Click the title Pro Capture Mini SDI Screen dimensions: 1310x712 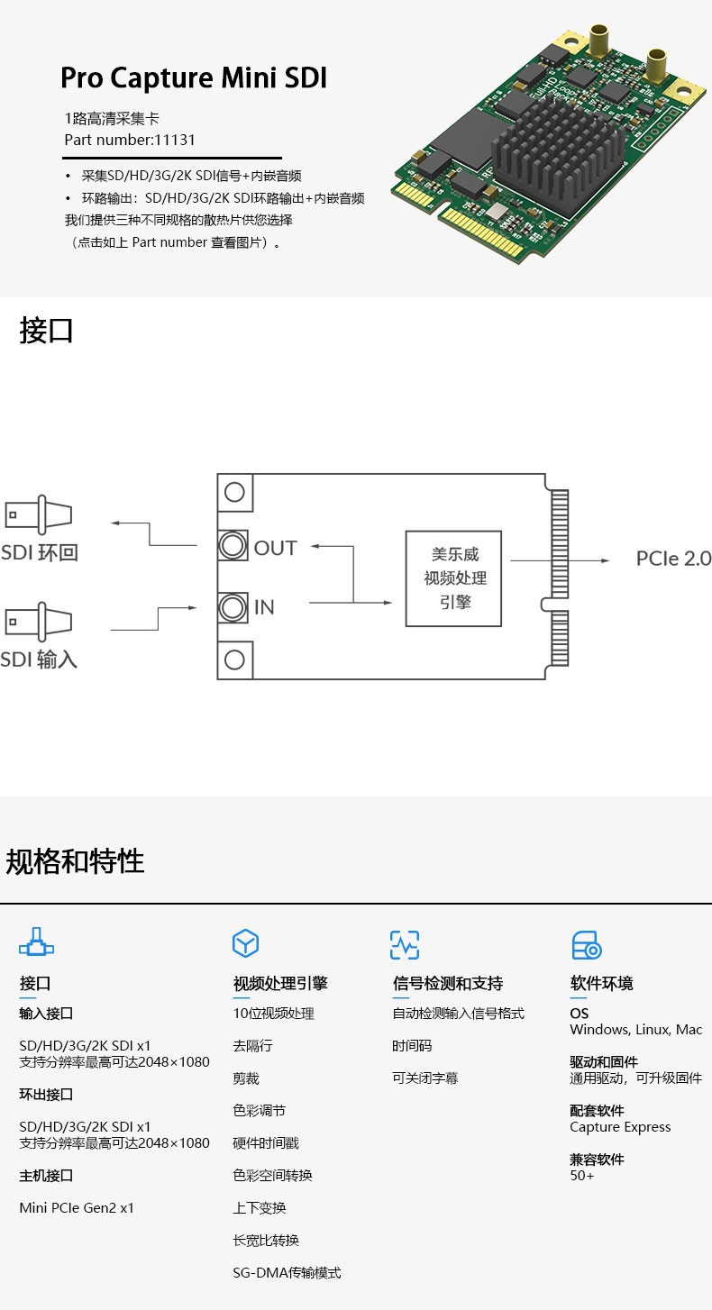193,78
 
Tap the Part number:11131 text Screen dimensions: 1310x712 130,140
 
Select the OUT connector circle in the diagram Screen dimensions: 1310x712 233,546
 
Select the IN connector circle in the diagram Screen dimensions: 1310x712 233,607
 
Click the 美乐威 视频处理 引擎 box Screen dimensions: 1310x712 454,578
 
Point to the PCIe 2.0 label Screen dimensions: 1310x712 673,559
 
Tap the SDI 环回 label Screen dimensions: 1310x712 40,552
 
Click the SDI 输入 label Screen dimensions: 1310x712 40,660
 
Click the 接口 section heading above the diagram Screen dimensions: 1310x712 46,331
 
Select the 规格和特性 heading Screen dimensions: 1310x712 75,861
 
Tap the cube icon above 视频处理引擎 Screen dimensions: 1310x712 245,943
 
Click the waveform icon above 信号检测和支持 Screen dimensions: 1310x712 405,944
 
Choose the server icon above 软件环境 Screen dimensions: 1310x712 587,945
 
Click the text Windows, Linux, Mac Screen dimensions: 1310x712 635,1030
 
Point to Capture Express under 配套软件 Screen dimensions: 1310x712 620,1127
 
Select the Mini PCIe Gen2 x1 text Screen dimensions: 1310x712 77,1208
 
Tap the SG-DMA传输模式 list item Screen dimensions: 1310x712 287,1273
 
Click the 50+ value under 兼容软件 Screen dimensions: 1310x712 582,1176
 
